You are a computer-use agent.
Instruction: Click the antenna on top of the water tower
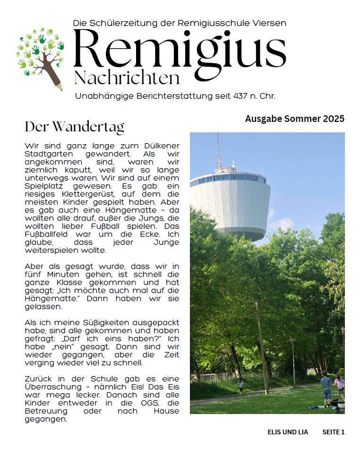pos(218,150)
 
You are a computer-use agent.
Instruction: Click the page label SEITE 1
pos(334,432)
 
